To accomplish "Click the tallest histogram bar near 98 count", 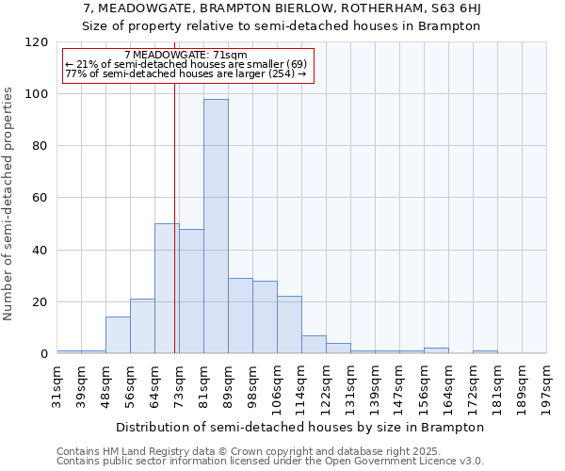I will pos(216,226).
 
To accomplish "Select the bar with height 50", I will pos(167,288).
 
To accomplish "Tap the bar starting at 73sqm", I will pos(191,291).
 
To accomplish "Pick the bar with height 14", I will pos(118,335).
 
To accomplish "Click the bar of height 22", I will pos(289,325).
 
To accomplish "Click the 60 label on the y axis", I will pos(41,198).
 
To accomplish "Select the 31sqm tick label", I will pos(57,382).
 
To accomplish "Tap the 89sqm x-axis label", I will pos(229,382).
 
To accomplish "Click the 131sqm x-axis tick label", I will pos(351,384).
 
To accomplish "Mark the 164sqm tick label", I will pos(449,384).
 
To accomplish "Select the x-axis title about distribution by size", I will pos(301,427).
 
